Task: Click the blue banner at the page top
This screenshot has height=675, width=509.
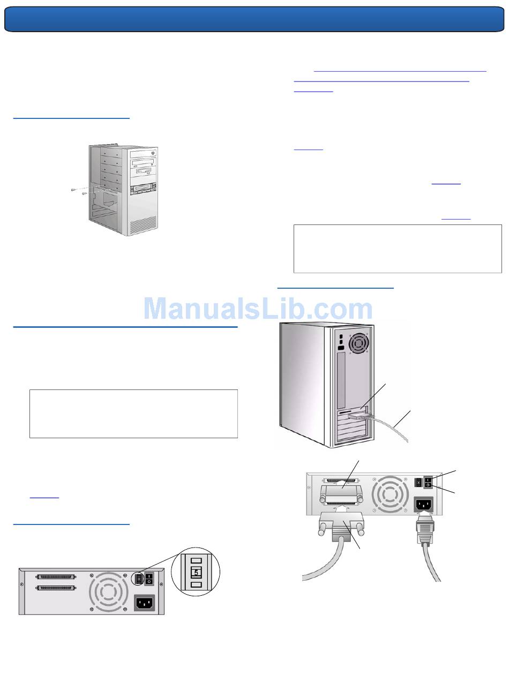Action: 254,19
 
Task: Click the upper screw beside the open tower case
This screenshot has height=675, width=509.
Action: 73,190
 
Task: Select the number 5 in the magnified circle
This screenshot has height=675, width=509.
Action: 196,572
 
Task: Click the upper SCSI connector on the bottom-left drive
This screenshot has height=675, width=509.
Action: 56,577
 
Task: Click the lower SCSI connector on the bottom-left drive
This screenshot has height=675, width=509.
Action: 56,588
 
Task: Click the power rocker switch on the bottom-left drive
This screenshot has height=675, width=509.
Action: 149,579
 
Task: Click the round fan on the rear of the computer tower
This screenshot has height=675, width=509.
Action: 358,343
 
